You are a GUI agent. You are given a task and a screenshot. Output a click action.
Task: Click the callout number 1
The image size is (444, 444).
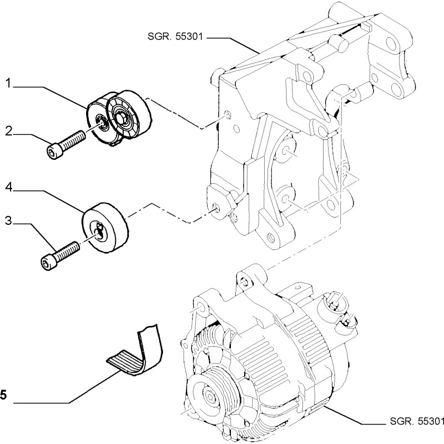point(9,84)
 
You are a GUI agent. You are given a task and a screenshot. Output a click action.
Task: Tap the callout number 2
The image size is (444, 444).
point(9,131)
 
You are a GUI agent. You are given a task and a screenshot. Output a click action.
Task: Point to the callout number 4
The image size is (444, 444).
point(9,188)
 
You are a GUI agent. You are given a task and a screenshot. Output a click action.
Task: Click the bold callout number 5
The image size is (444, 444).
point(3,395)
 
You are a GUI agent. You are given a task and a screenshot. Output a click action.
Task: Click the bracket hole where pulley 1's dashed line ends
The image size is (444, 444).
point(226,115)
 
